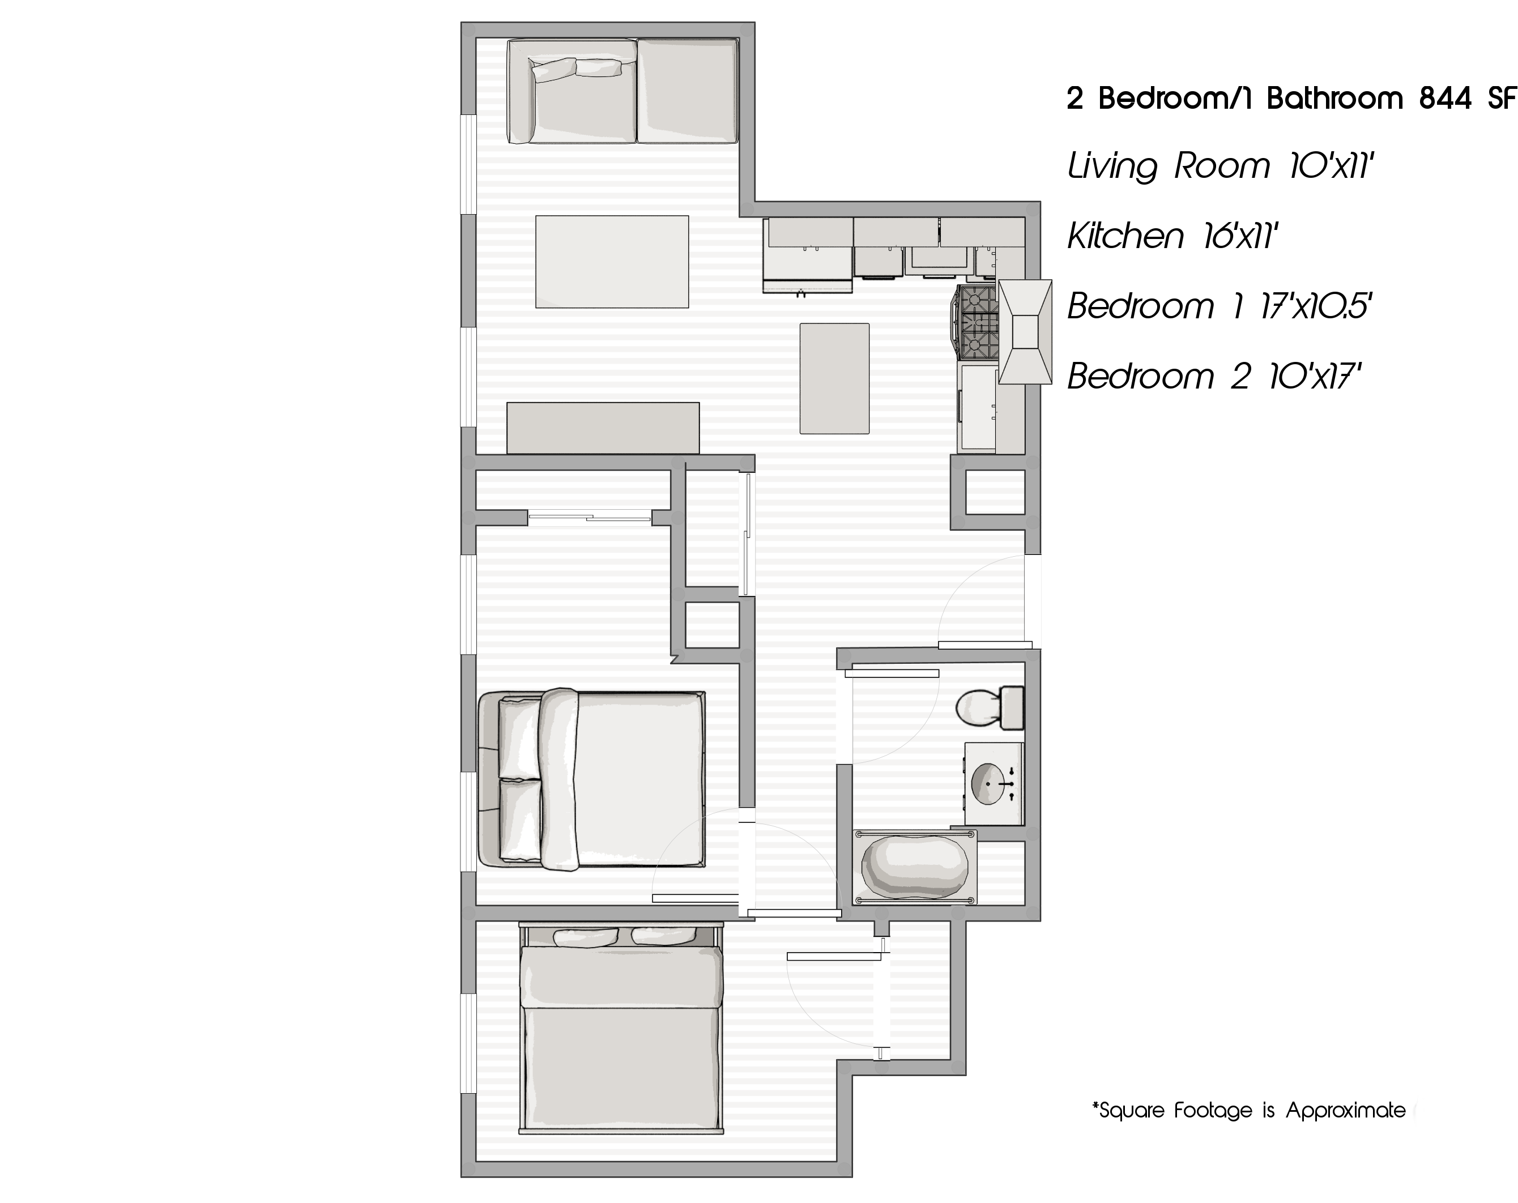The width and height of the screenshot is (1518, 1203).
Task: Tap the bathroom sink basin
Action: coord(988,783)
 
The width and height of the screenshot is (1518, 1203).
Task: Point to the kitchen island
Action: coord(834,378)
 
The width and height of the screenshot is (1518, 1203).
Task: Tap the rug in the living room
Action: coord(611,261)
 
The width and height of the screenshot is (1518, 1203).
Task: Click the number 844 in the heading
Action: coord(1445,99)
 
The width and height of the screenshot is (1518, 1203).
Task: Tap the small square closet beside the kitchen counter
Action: coord(994,491)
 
